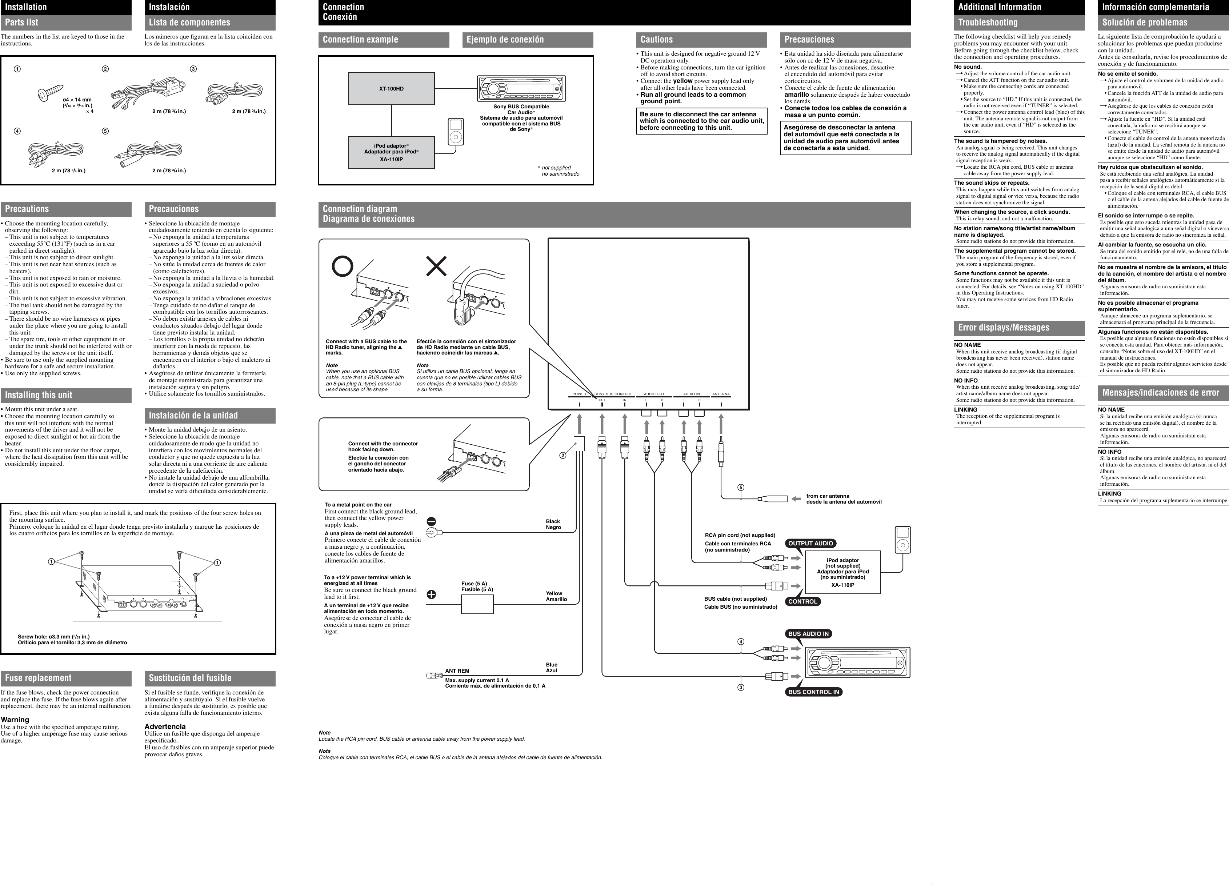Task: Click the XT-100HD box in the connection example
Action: click(x=391, y=88)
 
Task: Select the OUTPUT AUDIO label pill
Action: click(x=810, y=544)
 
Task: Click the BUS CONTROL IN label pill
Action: click(x=813, y=692)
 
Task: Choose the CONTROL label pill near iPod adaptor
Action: click(x=802, y=601)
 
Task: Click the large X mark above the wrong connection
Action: click(x=437, y=266)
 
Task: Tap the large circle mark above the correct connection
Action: click(x=343, y=266)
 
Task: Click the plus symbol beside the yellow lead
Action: click(x=431, y=594)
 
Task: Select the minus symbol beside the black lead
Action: click(x=431, y=521)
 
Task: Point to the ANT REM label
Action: click(x=457, y=671)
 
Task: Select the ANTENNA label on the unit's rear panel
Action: click(x=721, y=394)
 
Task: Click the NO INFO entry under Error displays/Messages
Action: click(x=966, y=380)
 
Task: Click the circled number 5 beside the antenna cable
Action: click(x=741, y=487)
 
